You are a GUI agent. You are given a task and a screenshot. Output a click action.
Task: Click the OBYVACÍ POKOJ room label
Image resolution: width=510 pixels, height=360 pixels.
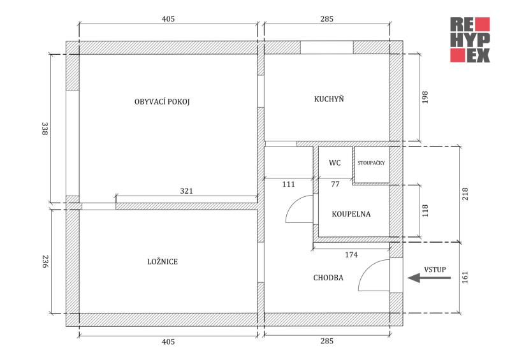[163, 102]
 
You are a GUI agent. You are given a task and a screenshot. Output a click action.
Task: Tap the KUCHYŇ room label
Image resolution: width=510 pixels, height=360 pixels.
[329, 99]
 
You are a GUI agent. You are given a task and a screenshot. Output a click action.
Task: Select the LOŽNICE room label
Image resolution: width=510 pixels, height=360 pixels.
[162, 262]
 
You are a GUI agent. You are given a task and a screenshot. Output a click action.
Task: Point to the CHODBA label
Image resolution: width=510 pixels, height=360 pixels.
[328, 278]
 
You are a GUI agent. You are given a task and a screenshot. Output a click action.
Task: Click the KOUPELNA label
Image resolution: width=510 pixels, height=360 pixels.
[351, 214]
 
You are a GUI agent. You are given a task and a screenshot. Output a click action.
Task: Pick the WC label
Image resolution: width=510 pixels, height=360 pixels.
[335, 163]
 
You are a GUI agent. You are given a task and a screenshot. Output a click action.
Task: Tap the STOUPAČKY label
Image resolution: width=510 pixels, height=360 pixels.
[371, 163]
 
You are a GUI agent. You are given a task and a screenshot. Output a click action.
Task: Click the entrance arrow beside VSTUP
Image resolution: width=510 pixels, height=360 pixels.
[421, 277]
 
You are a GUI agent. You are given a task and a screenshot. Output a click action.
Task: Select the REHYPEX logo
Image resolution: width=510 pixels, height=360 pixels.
[470, 40]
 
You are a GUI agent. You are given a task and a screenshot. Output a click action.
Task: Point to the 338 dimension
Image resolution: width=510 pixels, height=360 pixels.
[45, 129]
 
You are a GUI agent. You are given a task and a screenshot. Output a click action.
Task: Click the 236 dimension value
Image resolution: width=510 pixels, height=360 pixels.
[45, 261]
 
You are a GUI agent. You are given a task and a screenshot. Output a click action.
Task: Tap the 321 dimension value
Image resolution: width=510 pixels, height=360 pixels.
[186, 191]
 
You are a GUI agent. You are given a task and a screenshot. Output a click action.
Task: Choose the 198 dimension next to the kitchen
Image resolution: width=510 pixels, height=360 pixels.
[425, 97]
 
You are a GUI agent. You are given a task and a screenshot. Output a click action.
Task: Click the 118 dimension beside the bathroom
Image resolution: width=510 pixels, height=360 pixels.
[425, 210]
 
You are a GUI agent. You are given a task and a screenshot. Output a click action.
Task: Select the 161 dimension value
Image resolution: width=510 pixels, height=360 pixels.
[465, 277]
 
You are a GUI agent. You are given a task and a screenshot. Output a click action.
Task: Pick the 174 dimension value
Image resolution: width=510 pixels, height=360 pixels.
[351, 254]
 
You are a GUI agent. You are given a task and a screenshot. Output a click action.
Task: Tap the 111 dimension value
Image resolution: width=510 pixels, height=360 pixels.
[289, 184]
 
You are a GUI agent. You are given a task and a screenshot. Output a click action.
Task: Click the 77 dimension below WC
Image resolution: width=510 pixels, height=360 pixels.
[335, 184]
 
